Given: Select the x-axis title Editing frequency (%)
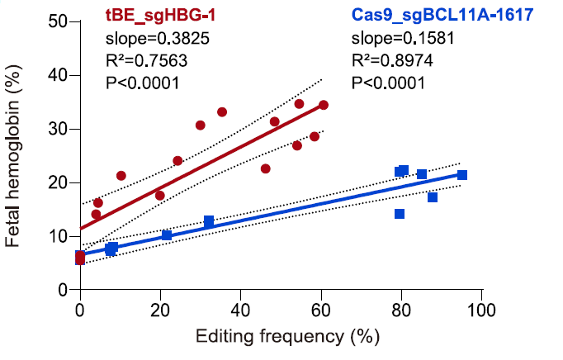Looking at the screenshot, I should [281, 337].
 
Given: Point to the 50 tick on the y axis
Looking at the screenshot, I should [58, 21].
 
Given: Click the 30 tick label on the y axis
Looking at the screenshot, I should [58, 129].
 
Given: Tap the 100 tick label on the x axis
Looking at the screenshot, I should [481, 310].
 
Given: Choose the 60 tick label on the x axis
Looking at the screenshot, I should [320, 310].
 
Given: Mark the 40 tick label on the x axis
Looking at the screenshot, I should [240, 310].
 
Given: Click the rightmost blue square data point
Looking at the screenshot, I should [462, 175].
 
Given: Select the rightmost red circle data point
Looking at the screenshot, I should [324, 105].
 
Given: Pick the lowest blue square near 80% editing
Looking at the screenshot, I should [400, 214].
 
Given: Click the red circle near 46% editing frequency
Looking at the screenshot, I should [266, 168].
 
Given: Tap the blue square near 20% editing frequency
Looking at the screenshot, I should [167, 235].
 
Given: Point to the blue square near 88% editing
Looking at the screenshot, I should [433, 197].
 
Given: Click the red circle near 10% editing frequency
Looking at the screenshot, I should [121, 176].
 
